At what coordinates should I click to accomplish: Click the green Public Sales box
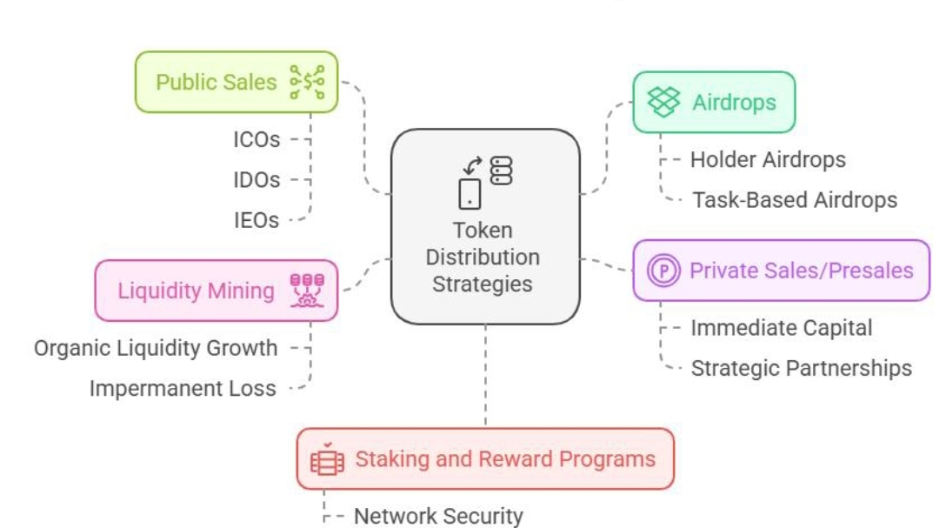(236, 82)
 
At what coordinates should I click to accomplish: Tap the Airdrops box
(713, 103)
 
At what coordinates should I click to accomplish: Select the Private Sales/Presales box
(781, 271)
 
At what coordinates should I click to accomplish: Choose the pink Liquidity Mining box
(216, 291)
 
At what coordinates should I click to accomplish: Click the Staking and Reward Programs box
(485, 458)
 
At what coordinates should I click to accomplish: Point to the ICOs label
(256, 139)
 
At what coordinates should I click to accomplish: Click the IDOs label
(256, 180)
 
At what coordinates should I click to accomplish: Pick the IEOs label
(256, 221)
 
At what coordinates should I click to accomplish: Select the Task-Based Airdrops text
(795, 200)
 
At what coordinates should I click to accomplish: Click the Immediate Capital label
(781, 328)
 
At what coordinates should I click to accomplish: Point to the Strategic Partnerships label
(801, 368)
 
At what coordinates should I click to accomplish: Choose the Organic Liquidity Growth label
(156, 349)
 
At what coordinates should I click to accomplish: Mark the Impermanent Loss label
(183, 389)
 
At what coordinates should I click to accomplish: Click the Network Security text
(438, 516)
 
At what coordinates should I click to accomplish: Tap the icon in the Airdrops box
(664, 103)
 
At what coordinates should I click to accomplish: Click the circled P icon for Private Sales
(666, 271)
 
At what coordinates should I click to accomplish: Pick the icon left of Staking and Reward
(327, 459)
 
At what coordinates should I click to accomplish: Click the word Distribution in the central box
(483, 257)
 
